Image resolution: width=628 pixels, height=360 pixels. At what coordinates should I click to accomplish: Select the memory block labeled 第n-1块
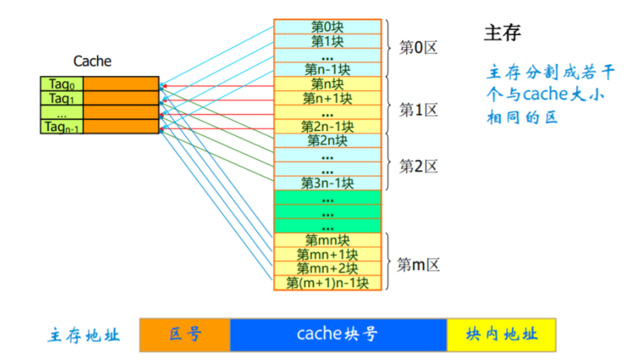[327, 69]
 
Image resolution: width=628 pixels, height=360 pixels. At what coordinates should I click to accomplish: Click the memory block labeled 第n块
[327, 83]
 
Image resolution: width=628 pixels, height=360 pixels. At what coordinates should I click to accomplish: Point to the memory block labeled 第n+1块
[327, 97]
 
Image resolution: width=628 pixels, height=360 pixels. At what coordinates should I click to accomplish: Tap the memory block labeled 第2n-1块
[327, 126]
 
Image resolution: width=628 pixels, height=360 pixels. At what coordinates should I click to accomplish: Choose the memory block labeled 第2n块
[327, 140]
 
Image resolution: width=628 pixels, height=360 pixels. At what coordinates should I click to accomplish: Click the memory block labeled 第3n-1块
[327, 182]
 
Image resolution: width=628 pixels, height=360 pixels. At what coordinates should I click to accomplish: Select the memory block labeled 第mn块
[327, 240]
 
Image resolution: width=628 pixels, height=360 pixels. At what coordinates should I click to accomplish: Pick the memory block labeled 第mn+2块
[327, 268]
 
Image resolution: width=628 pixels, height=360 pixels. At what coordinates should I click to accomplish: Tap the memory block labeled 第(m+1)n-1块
[327, 282]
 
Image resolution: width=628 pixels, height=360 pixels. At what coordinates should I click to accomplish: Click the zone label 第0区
[418, 48]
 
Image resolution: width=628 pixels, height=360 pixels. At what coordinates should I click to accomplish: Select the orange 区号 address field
[185, 335]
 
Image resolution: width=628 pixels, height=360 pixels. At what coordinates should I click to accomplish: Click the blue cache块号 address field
[338, 335]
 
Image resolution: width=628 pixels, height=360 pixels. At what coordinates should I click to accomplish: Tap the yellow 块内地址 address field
[501, 335]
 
